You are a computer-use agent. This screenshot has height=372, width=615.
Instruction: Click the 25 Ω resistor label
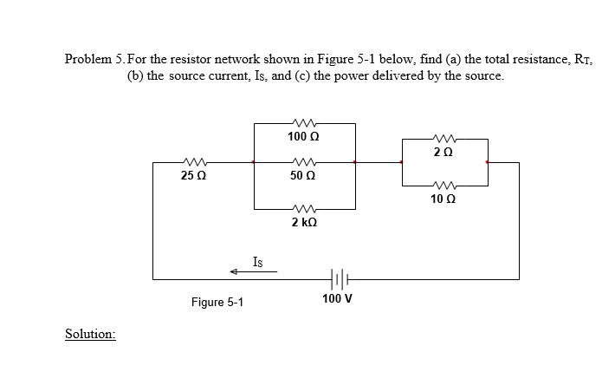(193, 176)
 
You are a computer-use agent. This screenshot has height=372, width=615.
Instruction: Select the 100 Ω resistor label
(304, 137)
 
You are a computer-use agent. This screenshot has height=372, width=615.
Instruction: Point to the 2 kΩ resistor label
(304, 223)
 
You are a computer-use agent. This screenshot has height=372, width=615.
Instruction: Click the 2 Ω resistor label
(445, 153)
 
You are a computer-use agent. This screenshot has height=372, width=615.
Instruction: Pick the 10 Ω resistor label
(445, 199)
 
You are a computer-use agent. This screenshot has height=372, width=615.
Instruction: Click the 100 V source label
(336, 299)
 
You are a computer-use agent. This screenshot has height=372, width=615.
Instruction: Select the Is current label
(258, 260)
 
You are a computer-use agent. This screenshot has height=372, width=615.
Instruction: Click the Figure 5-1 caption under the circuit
(217, 303)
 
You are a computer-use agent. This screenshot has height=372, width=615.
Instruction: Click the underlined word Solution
(91, 334)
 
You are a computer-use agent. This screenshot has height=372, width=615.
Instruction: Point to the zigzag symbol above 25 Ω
(193, 161)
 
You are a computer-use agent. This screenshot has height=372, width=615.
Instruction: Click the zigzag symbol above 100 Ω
(304, 123)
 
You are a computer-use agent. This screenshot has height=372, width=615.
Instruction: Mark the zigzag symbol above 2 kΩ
(304, 208)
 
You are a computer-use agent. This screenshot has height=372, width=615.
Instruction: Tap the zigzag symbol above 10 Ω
(445, 184)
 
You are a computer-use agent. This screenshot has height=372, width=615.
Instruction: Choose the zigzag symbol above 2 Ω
(445, 138)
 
